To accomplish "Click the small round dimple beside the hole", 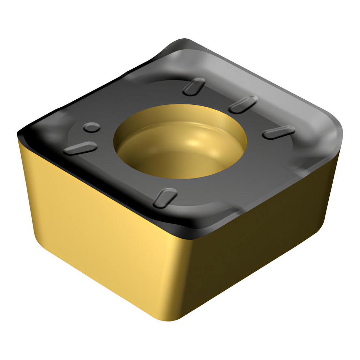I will pos(92,127).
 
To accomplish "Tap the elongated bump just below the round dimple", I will pos(80,148).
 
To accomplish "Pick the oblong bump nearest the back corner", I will pos(194,87).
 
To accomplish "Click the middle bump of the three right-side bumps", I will pos(243,104).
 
